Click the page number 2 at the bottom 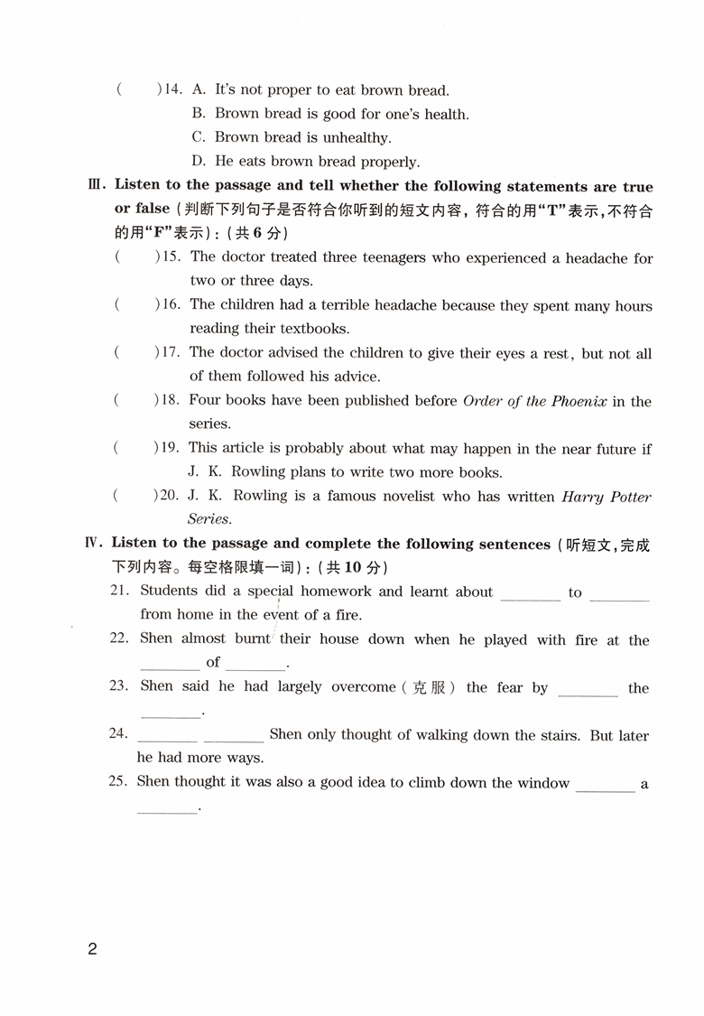coord(91,949)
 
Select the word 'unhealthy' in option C coord(357,138)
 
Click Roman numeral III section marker coord(97,186)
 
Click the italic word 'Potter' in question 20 coord(629,496)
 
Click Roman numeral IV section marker coord(94,544)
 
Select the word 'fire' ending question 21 coord(347,615)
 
